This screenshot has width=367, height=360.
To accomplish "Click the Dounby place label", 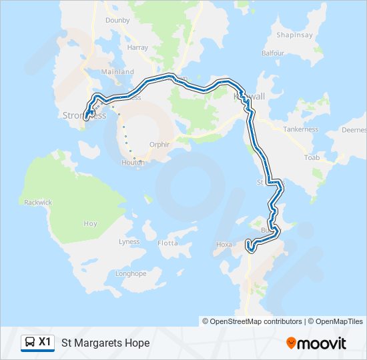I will (117, 20).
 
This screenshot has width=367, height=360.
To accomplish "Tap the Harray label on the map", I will (137, 48).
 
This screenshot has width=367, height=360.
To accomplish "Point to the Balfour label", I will (274, 52).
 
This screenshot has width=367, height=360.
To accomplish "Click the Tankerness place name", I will (300, 129).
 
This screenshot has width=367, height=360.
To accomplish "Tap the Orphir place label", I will (160, 143).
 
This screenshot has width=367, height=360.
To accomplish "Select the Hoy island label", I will (90, 224).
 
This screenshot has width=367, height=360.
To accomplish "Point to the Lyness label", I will (129, 241).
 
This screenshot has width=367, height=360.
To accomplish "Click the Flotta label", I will (168, 243).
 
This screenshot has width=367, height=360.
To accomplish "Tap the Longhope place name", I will (131, 273).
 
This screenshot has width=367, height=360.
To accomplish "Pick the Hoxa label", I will (224, 245).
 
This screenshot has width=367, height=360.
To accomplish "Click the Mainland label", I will (117, 72).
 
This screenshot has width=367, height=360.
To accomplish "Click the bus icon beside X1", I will (30, 343).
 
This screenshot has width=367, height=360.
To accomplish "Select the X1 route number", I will (45, 342).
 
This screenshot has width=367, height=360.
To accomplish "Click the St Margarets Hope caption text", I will (105, 343).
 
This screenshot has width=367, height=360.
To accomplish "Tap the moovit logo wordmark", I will (322, 343).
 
